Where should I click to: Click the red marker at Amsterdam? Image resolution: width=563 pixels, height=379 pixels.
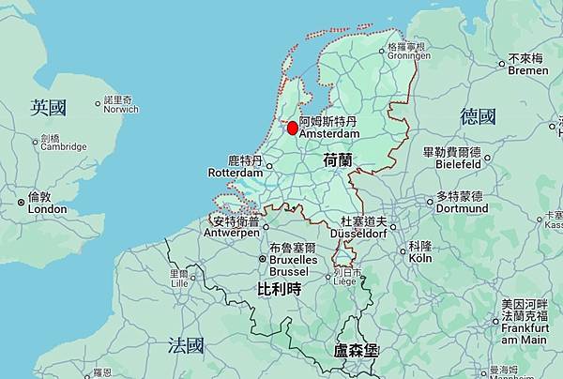292,128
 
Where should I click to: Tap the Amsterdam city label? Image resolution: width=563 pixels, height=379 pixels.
328,129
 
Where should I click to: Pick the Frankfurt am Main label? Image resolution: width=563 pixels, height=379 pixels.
525,327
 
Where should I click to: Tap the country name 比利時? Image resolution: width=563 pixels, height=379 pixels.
279,291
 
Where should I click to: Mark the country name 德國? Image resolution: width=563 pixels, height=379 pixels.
478,116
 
